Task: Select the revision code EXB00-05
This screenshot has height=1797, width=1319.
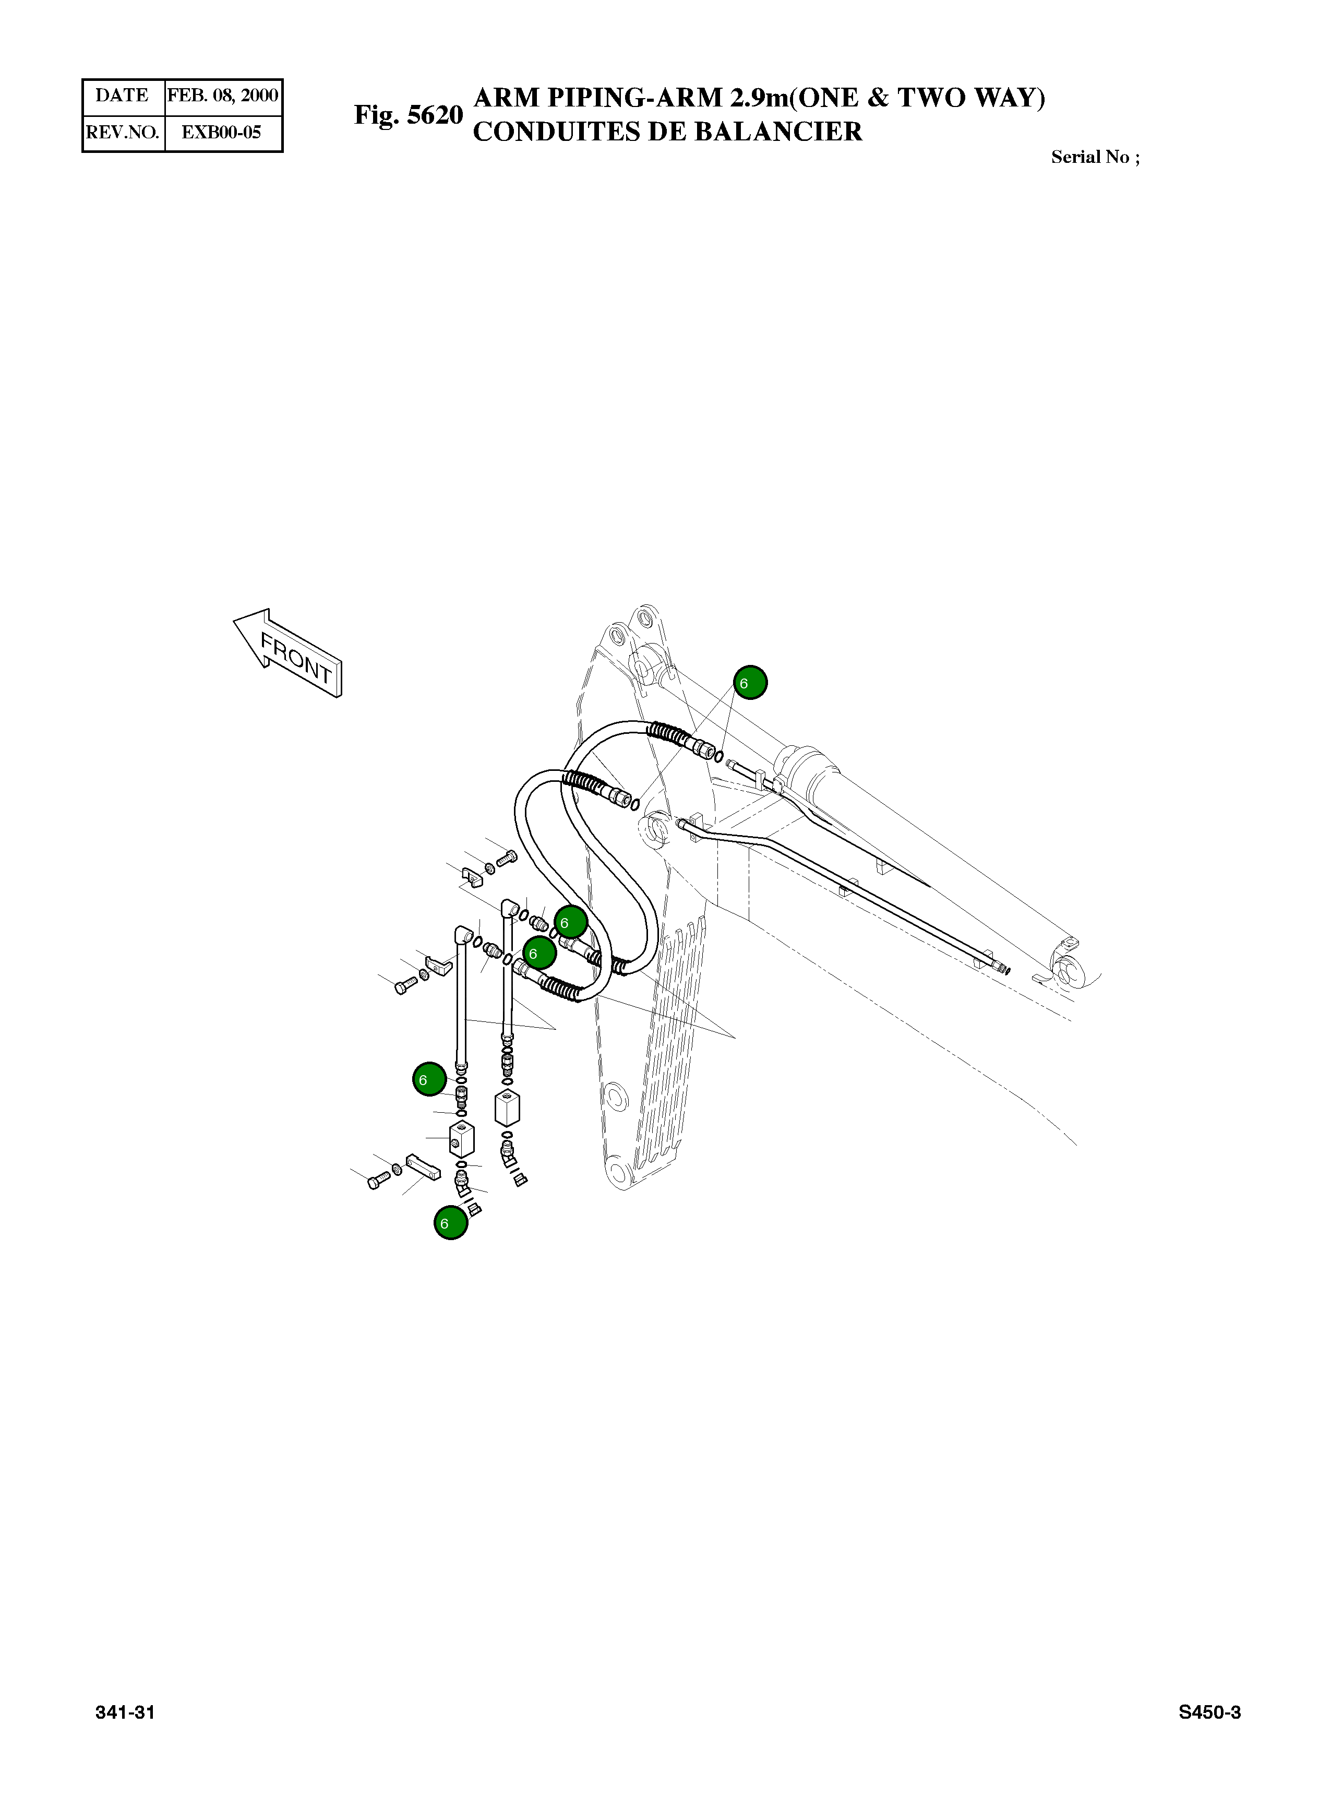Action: coord(221,133)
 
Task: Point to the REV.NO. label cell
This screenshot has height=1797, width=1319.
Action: coord(122,133)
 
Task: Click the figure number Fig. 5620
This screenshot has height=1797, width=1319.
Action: coord(408,115)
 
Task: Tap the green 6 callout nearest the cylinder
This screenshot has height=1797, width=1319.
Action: coord(750,682)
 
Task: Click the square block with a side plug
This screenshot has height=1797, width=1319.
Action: coord(461,1139)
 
